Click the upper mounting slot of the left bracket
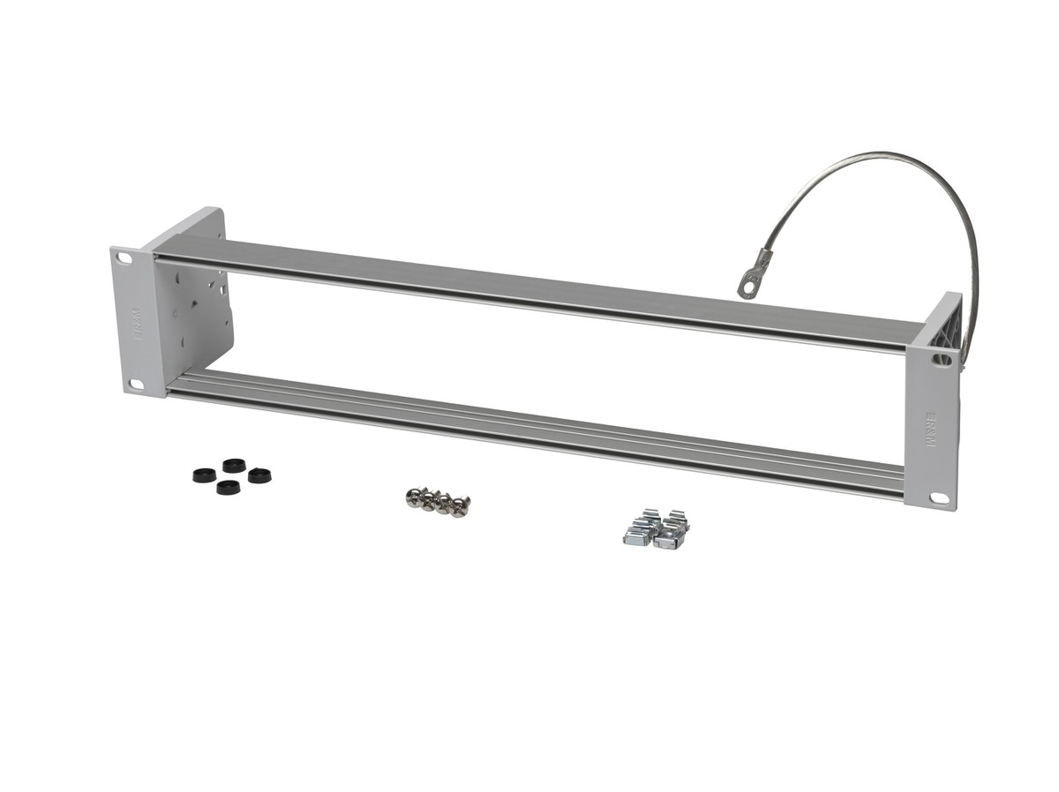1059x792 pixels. coord(124,259)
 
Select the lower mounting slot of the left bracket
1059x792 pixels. coord(137,384)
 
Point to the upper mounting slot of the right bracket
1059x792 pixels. coord(941,359)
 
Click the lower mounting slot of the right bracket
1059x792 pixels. coord(938,498)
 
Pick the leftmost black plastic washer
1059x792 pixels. coord(204,474)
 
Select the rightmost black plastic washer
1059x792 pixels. coord(259,475)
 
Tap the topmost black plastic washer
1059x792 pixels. coord(234,465)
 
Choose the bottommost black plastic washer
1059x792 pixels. coord(229,486)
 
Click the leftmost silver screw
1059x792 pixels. coord(413,496)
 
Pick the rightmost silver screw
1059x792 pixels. coord(461,505)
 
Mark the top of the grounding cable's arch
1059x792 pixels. coord(891,156)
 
